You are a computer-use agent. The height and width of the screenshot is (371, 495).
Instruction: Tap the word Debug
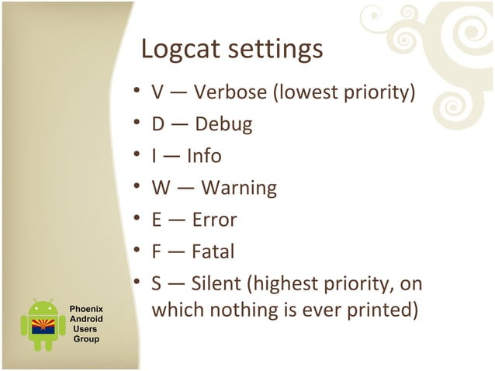click(223, 125)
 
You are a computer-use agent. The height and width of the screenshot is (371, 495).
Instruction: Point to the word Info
click(204, 156)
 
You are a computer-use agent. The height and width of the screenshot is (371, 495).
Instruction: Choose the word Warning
click(238, 188)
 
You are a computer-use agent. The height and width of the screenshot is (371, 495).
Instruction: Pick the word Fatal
click(213, 251)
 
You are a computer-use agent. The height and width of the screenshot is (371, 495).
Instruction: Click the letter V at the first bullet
click(157, 93)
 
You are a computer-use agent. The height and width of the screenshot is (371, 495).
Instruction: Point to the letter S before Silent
click(157, 283)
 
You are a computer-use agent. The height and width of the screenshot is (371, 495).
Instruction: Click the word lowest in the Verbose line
click(304, 93)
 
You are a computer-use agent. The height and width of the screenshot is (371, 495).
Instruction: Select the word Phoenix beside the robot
click(86, 309)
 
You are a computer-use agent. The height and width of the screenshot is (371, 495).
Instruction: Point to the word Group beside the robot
click(86, 339)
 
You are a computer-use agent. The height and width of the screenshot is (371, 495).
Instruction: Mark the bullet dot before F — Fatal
click(137, 251)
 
